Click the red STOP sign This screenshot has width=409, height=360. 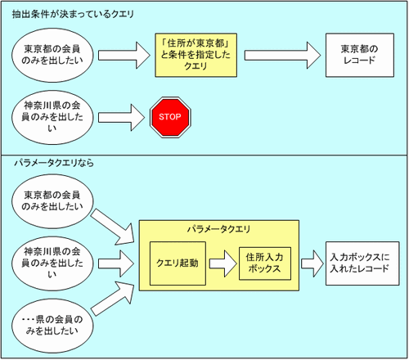click(170, 117)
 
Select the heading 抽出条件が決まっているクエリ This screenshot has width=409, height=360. click(73, 14)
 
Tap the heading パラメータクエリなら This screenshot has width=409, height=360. click(54, 163)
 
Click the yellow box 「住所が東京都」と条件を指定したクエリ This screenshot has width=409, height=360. click(196, 55)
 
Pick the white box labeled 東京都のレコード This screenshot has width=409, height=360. click(360, 55)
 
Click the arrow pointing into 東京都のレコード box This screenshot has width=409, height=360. click(282, 55)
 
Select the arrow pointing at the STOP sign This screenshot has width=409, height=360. click(121, 118)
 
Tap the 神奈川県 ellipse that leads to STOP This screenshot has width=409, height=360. click(52, 117)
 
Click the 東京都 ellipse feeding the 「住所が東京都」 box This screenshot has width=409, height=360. click(52, 55)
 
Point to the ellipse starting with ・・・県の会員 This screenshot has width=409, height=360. click(52, 326)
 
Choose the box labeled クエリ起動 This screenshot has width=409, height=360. click(178, 263)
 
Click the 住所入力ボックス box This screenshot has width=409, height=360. click(265, 263)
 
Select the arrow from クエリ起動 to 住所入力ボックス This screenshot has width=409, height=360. click(222, 263)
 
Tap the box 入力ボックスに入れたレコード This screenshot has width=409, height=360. click(362, 263)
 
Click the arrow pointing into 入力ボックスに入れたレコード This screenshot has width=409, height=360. click(312, 263)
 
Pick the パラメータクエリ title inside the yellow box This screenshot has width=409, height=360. click(218, 229)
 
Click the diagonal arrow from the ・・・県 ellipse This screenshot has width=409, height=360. click(113, 298)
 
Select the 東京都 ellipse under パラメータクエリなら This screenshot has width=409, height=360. click(52, 201)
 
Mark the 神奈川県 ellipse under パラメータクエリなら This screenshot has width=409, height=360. click(52, 263)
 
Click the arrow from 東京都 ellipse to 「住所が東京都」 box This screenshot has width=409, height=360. click(124, 55)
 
